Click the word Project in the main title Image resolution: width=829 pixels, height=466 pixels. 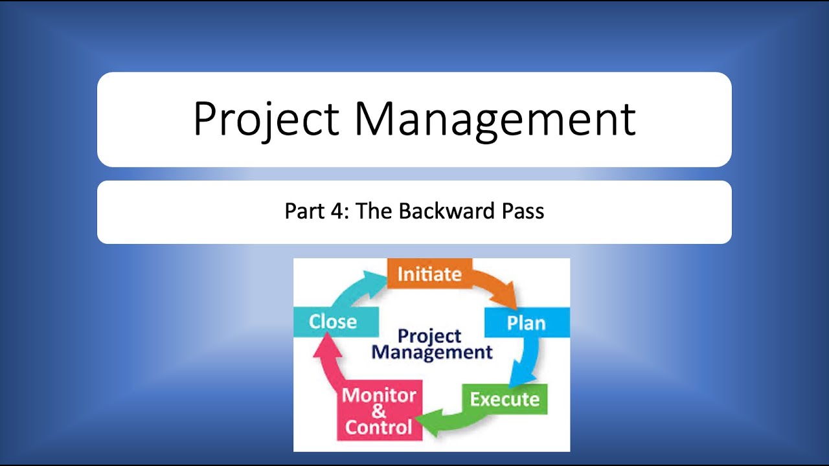pyautogui.click(x=266, y=119)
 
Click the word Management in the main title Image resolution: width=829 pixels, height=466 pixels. pyautogui.click(x=494, y=119)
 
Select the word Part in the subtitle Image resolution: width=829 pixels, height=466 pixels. pyautogui.click(x=302, y=212)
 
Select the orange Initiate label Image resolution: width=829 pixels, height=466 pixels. pyautogui.click(x=429, y=274)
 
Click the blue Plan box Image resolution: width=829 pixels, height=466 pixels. pyautogui.click(x=526, y=322)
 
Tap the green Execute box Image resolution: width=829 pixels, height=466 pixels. pyautogui.click(x=505, y=399)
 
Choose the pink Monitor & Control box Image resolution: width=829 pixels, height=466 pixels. pyautogui.click(x=379, y=412)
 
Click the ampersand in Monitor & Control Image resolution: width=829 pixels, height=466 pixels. pyautogui.click(x=379, y=412)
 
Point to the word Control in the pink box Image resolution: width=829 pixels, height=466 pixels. pyautogui.click(x=379, y=428)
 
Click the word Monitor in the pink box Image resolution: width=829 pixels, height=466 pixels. pyautogui.click(x=379, y=395)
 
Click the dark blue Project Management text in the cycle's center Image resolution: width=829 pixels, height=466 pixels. pyautogui.click(x=432, y=344)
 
